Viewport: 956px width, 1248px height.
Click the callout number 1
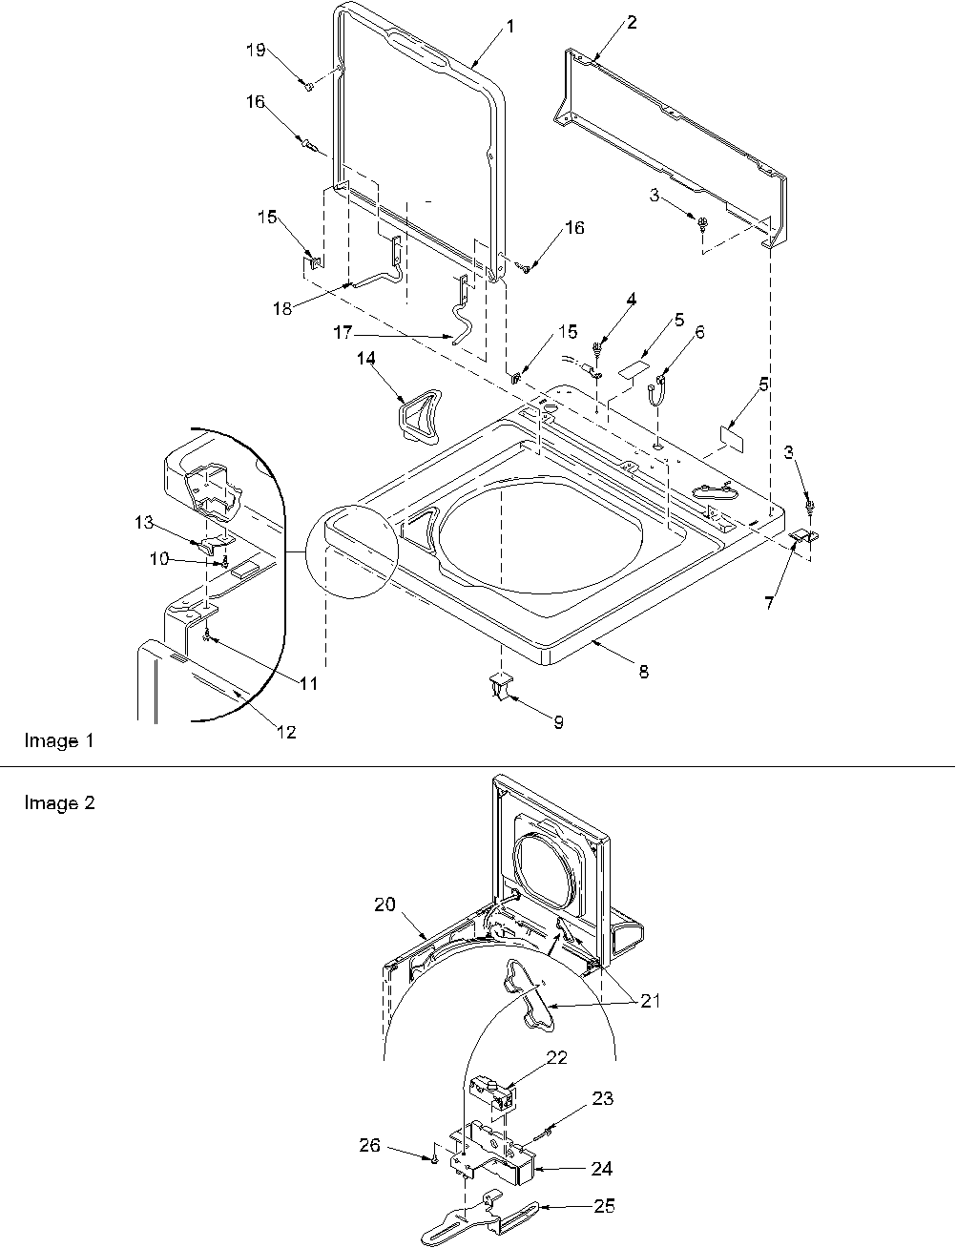coord(509,27)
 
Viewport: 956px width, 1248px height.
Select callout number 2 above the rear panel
coord(631,23)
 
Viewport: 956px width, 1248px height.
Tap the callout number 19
coord(257,52)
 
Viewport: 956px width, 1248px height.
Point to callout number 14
coord(366,359)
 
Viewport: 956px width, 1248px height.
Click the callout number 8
coord(644,673)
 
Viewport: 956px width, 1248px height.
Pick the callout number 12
coord(286,732)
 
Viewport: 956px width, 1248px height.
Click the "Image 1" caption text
coord(58,740)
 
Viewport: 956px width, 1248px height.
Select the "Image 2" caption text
coord(58,802)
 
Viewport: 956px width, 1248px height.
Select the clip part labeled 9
coord(501,685)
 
